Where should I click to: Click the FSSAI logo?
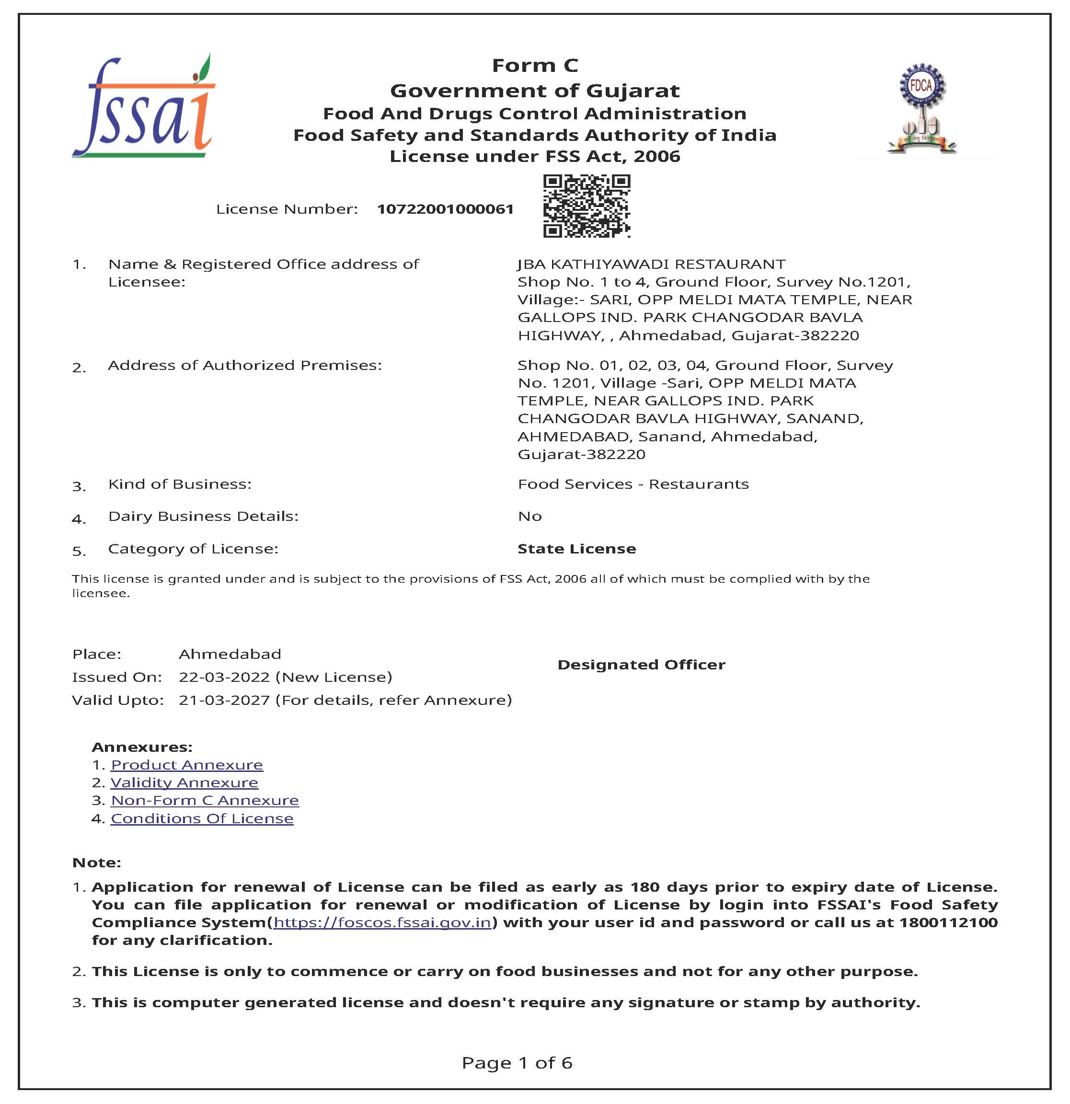click(x=144, y=107)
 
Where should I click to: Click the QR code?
click(x=586, y=206)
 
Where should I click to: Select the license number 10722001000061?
click(x=445, y=209)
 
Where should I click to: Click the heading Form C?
click(x=534, y=65)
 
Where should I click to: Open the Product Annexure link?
click(x=187, y=764)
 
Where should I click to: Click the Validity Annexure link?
click(x=184, y=782)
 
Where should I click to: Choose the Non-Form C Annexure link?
click(x=205, y=800)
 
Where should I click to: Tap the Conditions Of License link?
click(x=202, y=818)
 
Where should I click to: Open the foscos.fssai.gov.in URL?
click(x=382, y=922)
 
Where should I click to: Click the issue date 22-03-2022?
click(x=224, y=677)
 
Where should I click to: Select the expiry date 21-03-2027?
click(x=224, y=700)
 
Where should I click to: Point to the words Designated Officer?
click(x=641, y=665)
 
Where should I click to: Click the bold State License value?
click(x=576, y=549)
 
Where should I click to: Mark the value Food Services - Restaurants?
click(x=633, y=484)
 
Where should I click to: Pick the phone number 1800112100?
click(x=948, y=922)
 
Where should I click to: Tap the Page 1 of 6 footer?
click(x=517, y=1062)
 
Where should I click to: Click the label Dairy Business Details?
click(x=203, y=516)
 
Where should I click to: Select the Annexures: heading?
click(x=142, y=747)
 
